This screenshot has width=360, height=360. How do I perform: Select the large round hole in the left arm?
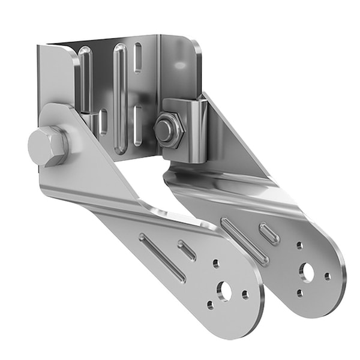[225, 291]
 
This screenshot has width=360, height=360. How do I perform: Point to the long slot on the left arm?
[163, 257]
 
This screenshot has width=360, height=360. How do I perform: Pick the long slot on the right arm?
[244, 241]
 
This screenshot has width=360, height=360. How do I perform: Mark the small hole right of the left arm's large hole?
[245, 294]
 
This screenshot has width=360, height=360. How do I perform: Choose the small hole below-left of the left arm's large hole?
[210, 305]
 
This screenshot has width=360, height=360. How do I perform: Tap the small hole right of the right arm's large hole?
[327, 276]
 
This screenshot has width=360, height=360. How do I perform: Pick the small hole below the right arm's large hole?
[299, 293]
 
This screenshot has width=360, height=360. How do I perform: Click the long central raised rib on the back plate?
[120, 96]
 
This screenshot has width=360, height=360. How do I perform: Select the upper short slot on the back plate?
[138, 57]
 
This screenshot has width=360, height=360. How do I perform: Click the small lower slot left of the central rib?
[103, 122]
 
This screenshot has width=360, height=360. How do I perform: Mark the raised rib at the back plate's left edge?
[85, 78]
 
